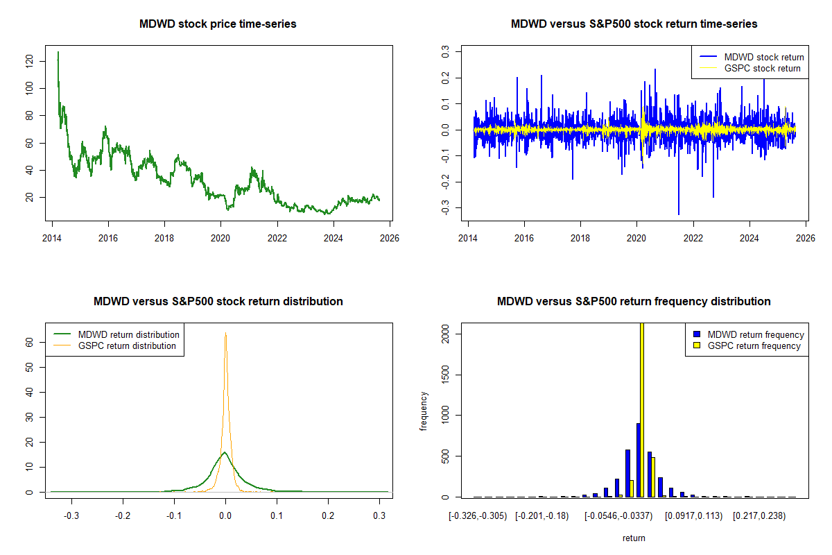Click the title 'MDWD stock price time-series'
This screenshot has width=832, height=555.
(x=218, y=24)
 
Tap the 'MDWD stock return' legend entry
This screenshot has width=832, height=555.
(x=763, y=57)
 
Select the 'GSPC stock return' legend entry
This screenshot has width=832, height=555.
(x=762, y=69)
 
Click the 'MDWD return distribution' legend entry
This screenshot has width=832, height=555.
(x=128, y=334)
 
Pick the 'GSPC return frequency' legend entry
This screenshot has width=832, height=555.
(x=754, y=345)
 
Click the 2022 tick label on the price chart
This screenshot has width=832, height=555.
(x=277, y=236)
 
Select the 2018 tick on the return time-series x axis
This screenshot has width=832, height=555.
(x=581, y=236)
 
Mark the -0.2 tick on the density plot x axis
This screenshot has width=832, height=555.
(x=123, y=516)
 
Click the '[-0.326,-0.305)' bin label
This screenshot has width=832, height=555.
(x=478, y=516)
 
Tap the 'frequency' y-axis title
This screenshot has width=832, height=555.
(x=424, y=411)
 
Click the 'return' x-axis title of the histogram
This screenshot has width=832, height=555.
(x=634, y=538)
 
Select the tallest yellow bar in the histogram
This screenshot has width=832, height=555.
(x=642, y=409)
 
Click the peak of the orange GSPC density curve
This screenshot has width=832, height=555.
(x=225, y=334)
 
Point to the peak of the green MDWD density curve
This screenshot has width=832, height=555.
(x=225, y=453)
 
